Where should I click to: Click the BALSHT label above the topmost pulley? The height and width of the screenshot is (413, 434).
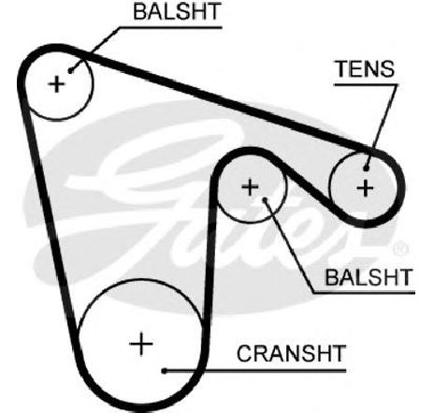pyautogui.click(x=177, y=11)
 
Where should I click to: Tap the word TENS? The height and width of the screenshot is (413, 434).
pyautogui.click(x=365, y=69)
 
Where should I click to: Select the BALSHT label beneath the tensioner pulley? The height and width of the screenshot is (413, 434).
pyautogui.click(x=369, y=277)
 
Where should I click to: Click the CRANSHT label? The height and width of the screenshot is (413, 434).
pyautogui.click(x=292, y=353)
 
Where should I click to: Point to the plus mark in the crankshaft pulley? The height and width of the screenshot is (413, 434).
pyautogui.click(x=141, y=344)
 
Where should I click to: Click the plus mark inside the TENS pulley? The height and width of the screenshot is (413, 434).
pyautogui.click(x=365, y=188)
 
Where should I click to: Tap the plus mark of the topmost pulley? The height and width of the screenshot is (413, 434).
pyautogui.click(x=57, y=84)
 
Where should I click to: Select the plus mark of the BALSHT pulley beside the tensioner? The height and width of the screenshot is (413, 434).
pyautogui.click(x=250, y=187)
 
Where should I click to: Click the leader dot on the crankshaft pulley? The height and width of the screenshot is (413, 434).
pyautogui.click(x=164, y=371)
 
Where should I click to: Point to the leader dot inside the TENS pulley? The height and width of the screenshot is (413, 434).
pyautogui.click(x=366, y=169)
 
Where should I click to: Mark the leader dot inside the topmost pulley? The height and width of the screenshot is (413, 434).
pyautogui.click(x=70, y=71)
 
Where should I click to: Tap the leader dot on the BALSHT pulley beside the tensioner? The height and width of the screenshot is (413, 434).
pyautogui.click(x=266, y=199)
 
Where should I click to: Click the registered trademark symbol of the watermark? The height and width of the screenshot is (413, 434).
pyautogui.click(x=401, y=249)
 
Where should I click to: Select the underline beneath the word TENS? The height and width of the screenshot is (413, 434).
pyautogui.click(x=366, y=84)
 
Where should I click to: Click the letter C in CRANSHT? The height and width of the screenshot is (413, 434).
pyautogui.click(x=245, y=353)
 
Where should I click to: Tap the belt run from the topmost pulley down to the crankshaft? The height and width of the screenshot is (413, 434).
pyautogui.click(x=50, y=218)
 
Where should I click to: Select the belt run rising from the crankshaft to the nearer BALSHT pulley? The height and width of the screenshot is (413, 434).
pyautogui.click(x=210, y=250)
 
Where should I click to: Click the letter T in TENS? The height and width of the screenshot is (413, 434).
pyautogui.click(x=342, y=69)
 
